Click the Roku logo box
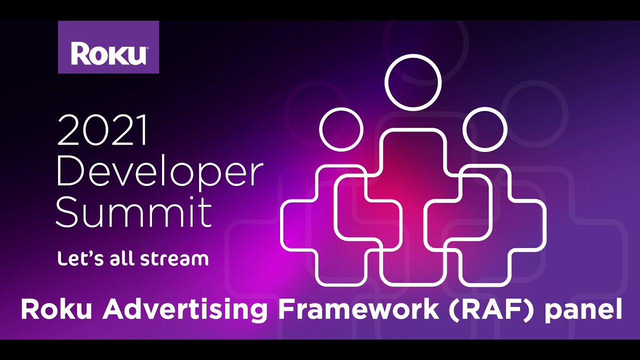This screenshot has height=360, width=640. pyautogui.click(x=108, y=47)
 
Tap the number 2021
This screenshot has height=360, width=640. pyautogui.click(x=102, y=130)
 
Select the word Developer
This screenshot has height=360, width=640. pyautogui.click(x=159, y=172)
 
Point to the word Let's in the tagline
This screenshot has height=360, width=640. pyautogui.click(x=74, y=258)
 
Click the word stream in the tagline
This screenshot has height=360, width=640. pyautogui.click(x=178, y=259)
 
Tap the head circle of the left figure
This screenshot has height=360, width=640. pyautogui.click(x=341, y=129)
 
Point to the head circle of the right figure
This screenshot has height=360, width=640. pyautogui.click(x=484, y=129)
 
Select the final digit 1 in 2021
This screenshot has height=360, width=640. pyautogui.click(x=143, y=130)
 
